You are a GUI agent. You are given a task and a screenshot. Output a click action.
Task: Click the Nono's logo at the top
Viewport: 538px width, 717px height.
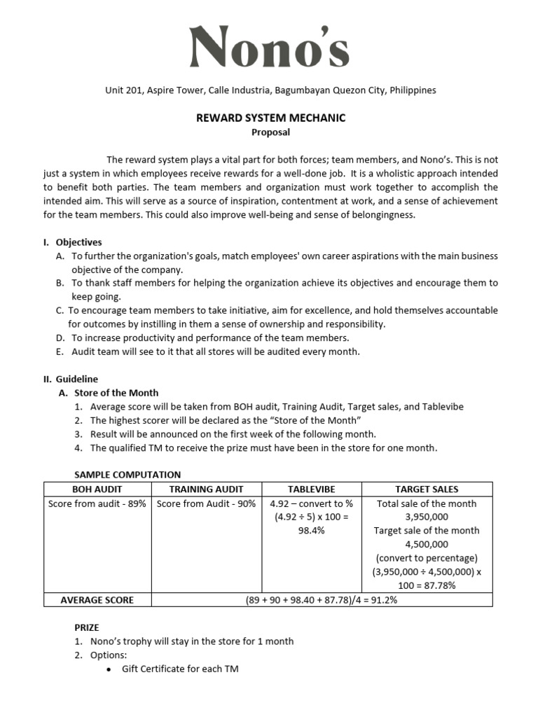pyautogui.click(x=270, y=48)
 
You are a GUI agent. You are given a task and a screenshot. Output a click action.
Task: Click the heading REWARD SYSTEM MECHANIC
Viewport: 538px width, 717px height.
pyautogui.click(x=270, y=118)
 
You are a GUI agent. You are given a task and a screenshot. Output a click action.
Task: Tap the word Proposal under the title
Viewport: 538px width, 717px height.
pyautogui.click(x=270, y=132)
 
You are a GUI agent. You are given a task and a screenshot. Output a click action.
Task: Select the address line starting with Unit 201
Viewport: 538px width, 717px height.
pyautogui.click(x=270, y=90)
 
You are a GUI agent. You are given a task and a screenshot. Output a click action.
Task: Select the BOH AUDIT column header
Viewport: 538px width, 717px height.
pyautogui.click(x=97, y=489)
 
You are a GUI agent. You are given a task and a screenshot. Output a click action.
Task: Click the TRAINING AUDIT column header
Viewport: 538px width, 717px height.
pyautogui.click(x=206, y=489)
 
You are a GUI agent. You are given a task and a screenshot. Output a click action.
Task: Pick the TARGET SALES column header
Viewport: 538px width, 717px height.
pyautogui.click(x=426, y=489)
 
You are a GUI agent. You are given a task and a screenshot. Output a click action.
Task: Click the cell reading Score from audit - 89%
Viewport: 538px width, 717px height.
pyautogui.click(x=97, y=503)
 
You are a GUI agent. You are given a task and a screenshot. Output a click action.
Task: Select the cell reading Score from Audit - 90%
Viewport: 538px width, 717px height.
pyautogui.click(x=206, y=503)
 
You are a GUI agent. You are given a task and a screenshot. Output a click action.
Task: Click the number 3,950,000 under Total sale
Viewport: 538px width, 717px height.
pyautogui.click(x=426, y=517)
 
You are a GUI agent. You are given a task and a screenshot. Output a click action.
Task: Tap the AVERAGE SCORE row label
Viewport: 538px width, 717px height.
pyautogui.click(x=97, y=599)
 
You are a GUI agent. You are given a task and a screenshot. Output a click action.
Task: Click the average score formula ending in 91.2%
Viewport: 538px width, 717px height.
pyautogui.click(x=322, y=599)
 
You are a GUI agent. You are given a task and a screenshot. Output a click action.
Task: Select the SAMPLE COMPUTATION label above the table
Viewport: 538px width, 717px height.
pyautogui.click(x=127, y=475)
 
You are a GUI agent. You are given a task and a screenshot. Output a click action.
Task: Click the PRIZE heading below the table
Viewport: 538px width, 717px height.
pyautogui.click(x=87, y=628)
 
